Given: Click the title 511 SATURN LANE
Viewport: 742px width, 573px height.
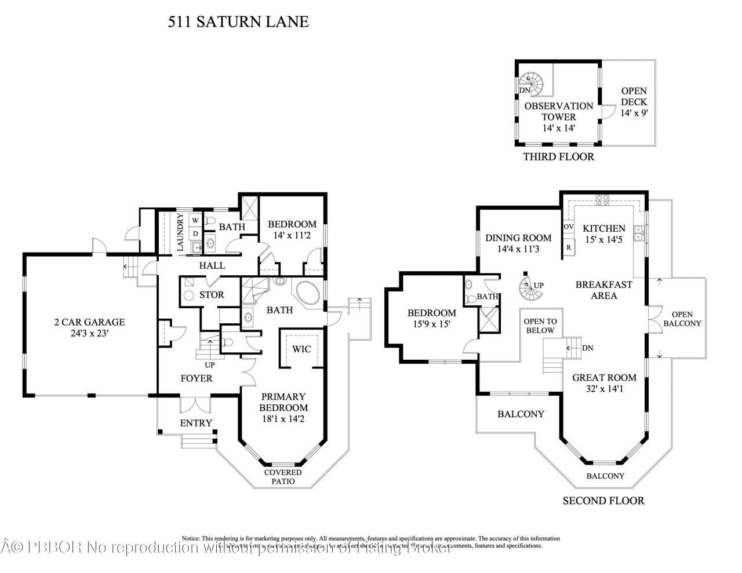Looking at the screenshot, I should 238,22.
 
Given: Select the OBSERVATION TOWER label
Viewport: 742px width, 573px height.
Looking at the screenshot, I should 558,111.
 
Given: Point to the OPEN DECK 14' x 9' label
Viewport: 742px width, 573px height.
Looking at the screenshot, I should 634,103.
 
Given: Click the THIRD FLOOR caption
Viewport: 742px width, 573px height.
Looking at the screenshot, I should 558,156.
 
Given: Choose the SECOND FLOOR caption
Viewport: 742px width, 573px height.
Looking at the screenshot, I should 603,500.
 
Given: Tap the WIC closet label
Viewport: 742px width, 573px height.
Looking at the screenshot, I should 301,349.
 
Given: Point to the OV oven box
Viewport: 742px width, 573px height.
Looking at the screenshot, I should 569,226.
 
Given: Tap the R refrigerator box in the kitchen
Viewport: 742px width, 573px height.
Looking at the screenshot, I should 569,246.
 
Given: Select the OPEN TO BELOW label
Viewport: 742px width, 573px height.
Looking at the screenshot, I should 539,326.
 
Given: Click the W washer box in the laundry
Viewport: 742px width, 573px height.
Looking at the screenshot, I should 195,221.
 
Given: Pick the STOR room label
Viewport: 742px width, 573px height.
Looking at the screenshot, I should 212,295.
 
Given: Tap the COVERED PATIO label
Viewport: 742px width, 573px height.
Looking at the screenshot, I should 283,477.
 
